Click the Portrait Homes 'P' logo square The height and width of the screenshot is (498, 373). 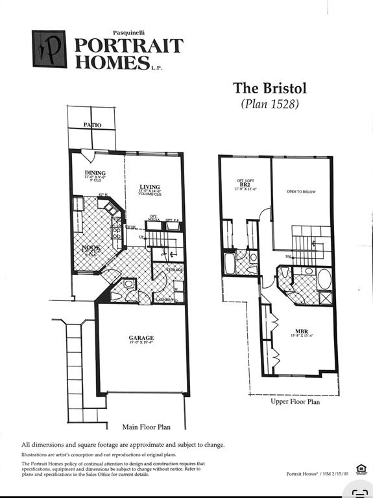(49, 49)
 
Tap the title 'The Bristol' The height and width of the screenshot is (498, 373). (269, 88)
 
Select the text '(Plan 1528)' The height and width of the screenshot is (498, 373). (269, 104)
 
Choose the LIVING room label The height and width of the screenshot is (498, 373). (150, 187)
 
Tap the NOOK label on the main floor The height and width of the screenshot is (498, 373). (90, 248)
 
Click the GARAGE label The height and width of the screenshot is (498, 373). (141, 338)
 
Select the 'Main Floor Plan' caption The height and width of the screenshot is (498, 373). (146, 427)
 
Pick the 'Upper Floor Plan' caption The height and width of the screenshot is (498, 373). (295, 401)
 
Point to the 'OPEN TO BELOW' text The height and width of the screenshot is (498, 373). (301, 192)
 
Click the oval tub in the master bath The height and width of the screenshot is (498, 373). (324, 279)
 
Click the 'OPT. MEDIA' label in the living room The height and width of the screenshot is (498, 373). (154, 219)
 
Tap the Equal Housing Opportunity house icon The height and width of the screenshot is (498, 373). (360, 469)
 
